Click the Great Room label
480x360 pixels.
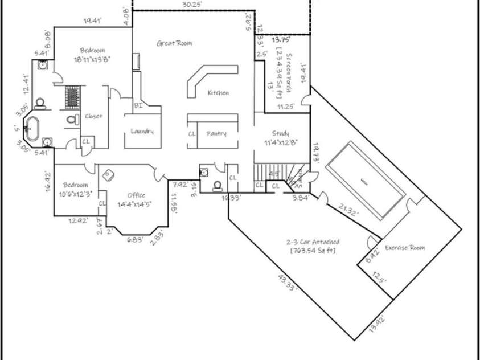coord(174,43)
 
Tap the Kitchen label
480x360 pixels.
coord(218,93)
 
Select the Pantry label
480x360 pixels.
coord(216,134)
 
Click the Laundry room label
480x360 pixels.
coord(142,131)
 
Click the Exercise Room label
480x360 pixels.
coord(404,248)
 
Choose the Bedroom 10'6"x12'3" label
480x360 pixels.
coord(75,189)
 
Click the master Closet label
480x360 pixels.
coord(93,116)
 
